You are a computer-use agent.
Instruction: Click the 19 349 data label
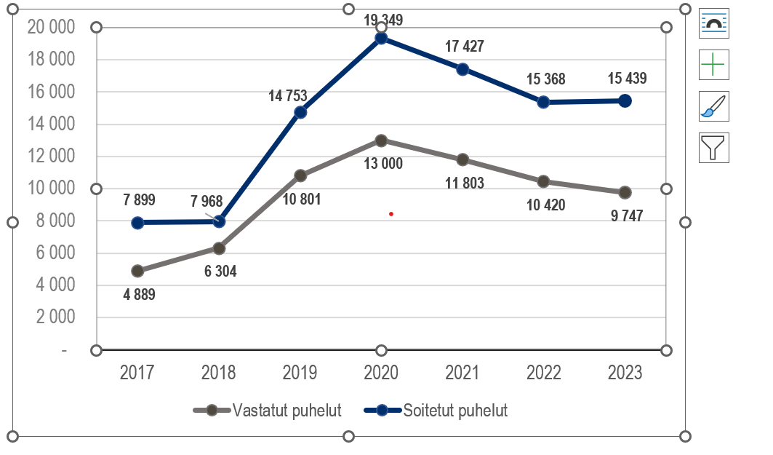384,20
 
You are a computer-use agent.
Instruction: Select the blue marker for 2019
300,112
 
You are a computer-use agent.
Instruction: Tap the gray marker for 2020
381,141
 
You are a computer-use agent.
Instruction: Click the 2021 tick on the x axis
462,373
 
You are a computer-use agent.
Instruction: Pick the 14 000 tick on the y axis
51,124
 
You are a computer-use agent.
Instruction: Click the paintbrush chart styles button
713,106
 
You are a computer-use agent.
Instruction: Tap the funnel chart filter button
713,147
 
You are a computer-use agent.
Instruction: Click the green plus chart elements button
713,65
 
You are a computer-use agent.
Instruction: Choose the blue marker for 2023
625,101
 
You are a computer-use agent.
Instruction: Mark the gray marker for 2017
137,271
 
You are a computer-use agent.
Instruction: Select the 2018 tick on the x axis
218,373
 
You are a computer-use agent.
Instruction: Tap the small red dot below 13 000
391,214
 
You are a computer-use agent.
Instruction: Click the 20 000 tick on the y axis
51,28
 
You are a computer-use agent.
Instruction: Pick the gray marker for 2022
543,181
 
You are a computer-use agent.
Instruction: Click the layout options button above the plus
713,23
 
